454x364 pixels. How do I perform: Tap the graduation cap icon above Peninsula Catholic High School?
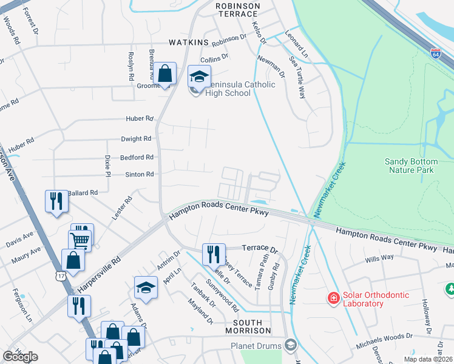198,76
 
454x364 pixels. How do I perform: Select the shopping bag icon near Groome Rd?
164,73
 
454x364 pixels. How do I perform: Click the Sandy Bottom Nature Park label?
411,166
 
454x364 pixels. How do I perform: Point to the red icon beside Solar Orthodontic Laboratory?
333,298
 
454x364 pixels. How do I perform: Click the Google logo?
20,357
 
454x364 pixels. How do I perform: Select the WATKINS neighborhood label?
189,42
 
